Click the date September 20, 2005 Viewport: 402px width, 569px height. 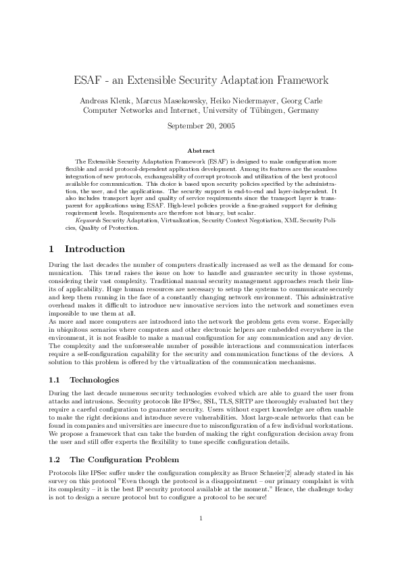click(201, 126)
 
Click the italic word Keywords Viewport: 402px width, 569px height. click(89, 220)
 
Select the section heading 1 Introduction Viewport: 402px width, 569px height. click(78, 249)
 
